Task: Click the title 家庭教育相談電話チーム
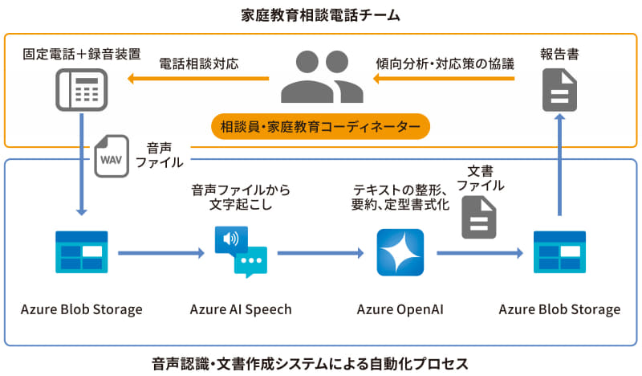coord(320,14)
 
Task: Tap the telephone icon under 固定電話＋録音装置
coord(81,89)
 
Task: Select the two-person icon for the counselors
coord(321,78)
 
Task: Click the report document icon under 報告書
coord(559,89)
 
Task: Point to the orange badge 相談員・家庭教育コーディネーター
coord(320,127)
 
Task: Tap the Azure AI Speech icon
coord(241,252)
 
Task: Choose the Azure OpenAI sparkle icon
coord(400,252)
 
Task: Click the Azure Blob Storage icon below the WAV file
coord(81,252)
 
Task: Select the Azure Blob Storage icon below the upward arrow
coord(559,252)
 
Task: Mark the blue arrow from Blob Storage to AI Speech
coord(160,252)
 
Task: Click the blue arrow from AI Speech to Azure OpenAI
coord(321,252)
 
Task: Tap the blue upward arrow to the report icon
coord(559,165)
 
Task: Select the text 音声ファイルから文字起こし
coord(241,198)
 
